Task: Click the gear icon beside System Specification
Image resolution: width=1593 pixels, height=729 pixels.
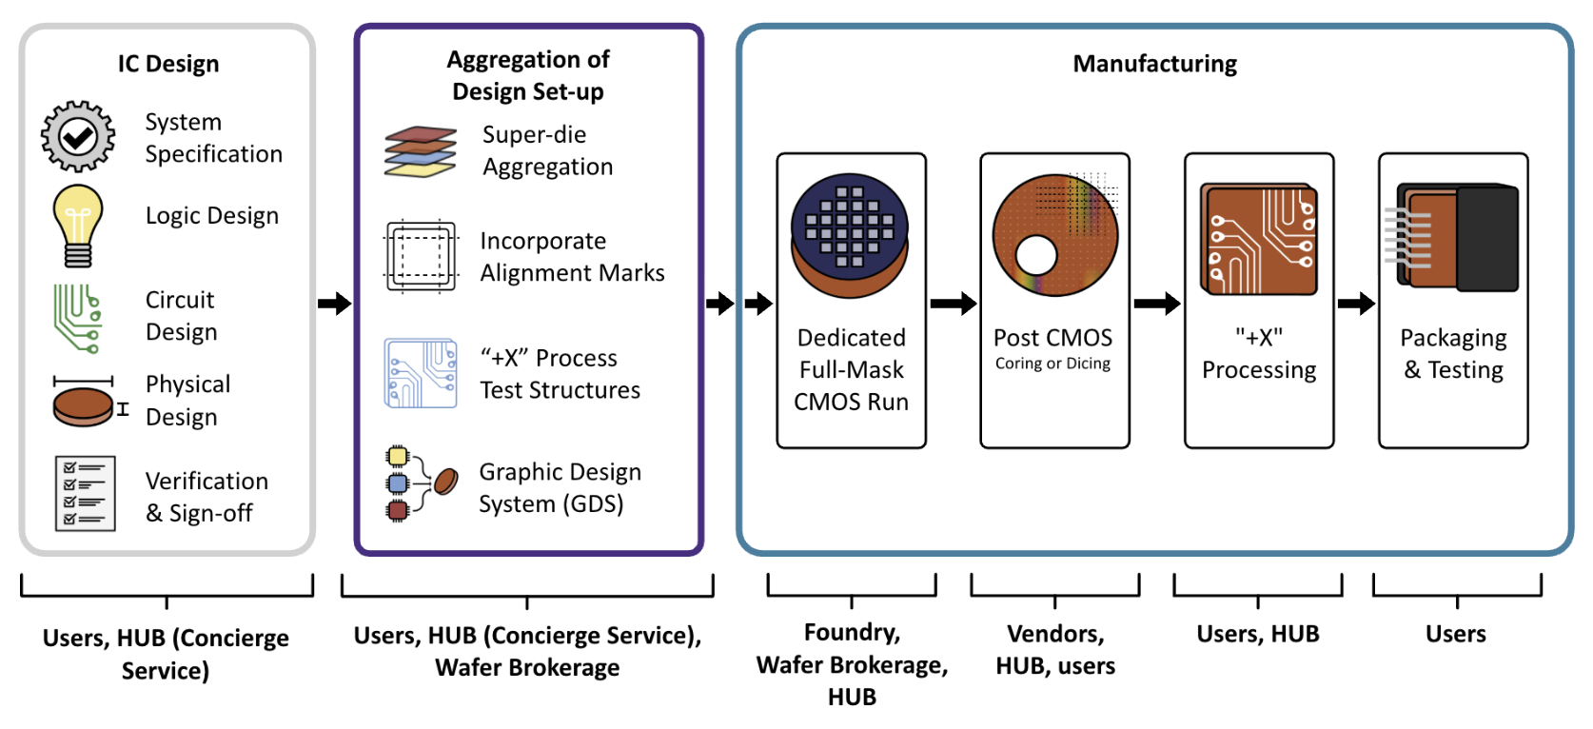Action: point(78,137)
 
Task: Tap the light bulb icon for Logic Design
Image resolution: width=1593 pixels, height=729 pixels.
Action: point(78,225)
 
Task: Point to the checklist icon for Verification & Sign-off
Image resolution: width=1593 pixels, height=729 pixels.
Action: point(86,493)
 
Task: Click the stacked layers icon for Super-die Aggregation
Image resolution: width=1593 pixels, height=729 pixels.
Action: point(421,152)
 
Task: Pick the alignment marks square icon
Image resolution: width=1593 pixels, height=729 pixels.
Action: point(421,256)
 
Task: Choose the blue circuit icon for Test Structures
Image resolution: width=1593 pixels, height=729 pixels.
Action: point(421,373)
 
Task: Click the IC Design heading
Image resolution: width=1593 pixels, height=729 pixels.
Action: point(168,64)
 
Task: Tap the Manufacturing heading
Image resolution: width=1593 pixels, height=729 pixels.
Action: point(1154,64)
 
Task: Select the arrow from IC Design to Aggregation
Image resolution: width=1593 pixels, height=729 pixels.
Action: point(334,304)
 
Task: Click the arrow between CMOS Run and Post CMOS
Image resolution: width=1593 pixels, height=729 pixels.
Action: point(953,304)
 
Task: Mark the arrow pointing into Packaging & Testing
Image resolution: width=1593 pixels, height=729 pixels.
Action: point(1356,304)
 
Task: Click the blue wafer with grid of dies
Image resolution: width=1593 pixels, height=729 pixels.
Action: point(850,223)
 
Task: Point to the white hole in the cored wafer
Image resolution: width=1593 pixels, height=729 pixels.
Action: point(1036,255)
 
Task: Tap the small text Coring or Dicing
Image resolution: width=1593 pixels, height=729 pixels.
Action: point(1052,364)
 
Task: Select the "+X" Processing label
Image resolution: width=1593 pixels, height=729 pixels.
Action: point(1259,354)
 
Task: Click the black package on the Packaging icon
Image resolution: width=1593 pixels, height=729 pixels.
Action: point(1486,239)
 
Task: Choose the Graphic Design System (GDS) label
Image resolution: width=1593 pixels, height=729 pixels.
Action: point(560,487)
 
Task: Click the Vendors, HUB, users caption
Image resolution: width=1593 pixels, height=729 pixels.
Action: point(1055,649)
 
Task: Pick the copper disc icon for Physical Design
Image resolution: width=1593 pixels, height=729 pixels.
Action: point(83,406)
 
